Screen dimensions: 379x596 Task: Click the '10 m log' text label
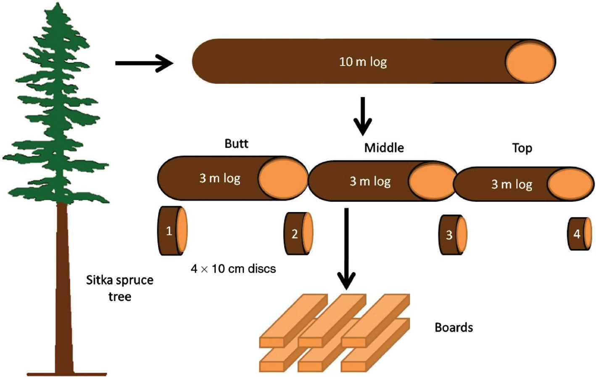pyautogui.click(x=363, y=62)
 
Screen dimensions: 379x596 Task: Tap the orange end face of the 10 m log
pyautogui.click(x=530, y=62)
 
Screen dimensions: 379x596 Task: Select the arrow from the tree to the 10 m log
pyautogui.click(x=144, y=63)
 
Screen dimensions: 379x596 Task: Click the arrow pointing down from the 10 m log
pyautogui.click(x=362, y=116)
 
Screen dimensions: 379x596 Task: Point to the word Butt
pyautogui.click(x=236, y=144)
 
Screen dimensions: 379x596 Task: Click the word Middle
pyautogui.click(x=384, y=148)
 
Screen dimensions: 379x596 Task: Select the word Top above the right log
pyautogui.click(x=522, y=148)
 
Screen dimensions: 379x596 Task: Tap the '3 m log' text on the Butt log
pyautogui.click(x=219, y=178)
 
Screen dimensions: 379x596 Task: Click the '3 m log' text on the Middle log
pyautogui.click(x=370, y=181)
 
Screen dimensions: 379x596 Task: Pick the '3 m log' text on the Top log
pyautogui.click(x=512, y=184)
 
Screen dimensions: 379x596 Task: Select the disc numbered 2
pyautogui.click(x=298, y=233)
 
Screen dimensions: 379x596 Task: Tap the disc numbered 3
pyautogui.click(x=452, y=235)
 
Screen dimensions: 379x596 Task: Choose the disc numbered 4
pyautogui.click(x=580, y=234)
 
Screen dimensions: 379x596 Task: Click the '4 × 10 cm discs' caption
pyautogui.click(x=233, y=269)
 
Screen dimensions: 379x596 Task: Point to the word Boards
pyautogui.click(x=454, y=328)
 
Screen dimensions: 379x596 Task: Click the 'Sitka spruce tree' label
pyautogui.click(x=120, y=288)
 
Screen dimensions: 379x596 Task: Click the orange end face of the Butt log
pyautogui.click(x=283, y=178)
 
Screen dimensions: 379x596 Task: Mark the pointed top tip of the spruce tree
pyautogui.click(x=58, y=4)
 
